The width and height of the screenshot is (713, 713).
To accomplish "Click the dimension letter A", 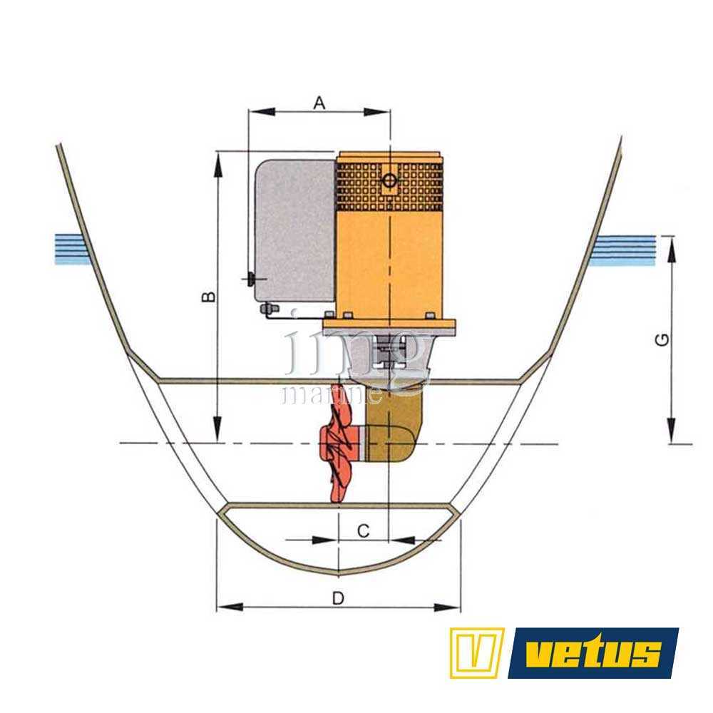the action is click(319, 103).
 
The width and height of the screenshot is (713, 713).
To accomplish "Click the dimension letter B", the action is click(208, 297).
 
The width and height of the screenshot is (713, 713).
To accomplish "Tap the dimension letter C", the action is click(364, 530).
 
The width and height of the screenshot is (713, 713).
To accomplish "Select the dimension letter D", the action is click(338, 598).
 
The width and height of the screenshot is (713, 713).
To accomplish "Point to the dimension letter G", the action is click(662, 339).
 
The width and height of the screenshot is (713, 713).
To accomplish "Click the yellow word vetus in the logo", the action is click(594, 653).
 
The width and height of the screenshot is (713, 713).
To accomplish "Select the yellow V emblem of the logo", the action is click(477, 652).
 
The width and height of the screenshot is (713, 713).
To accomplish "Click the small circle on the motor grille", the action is click(389, 180).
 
